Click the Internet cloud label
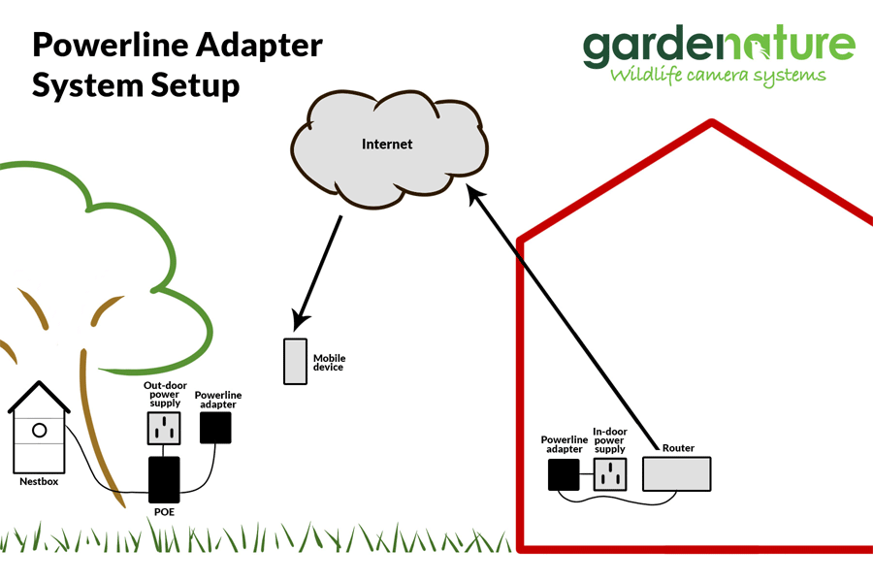387,145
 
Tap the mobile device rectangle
296,361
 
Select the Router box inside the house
677,473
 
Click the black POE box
164,479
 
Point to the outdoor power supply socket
164,428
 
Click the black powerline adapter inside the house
564,474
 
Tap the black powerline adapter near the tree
215,427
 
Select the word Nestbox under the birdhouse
39,481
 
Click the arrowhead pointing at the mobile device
302,318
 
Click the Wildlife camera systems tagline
717,75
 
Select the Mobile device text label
329,363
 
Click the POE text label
164,511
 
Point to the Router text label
678,448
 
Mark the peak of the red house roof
713,123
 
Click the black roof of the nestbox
39,395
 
